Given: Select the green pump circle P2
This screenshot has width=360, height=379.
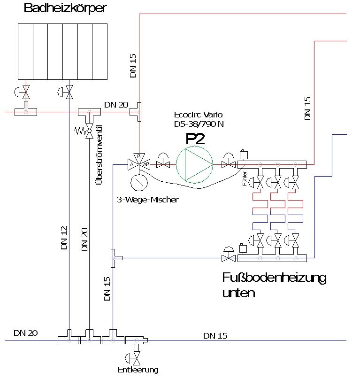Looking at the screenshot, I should (194, 164).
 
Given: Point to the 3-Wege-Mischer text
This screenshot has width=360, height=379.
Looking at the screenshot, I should (147, 200).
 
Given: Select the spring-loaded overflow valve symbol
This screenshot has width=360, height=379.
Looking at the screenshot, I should (88, 132).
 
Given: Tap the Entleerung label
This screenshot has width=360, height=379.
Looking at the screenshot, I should (138, 370).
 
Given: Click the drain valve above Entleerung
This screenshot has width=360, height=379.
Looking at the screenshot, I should (136, 358).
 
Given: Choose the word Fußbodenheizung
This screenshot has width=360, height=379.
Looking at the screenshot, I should (274, 278).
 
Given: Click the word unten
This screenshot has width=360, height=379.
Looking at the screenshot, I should (239, 294).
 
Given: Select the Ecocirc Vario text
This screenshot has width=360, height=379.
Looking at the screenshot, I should (198, 115).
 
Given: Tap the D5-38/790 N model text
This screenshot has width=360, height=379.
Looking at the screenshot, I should (198, 124).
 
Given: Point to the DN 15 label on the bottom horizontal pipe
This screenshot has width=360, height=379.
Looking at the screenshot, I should (215, 336).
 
